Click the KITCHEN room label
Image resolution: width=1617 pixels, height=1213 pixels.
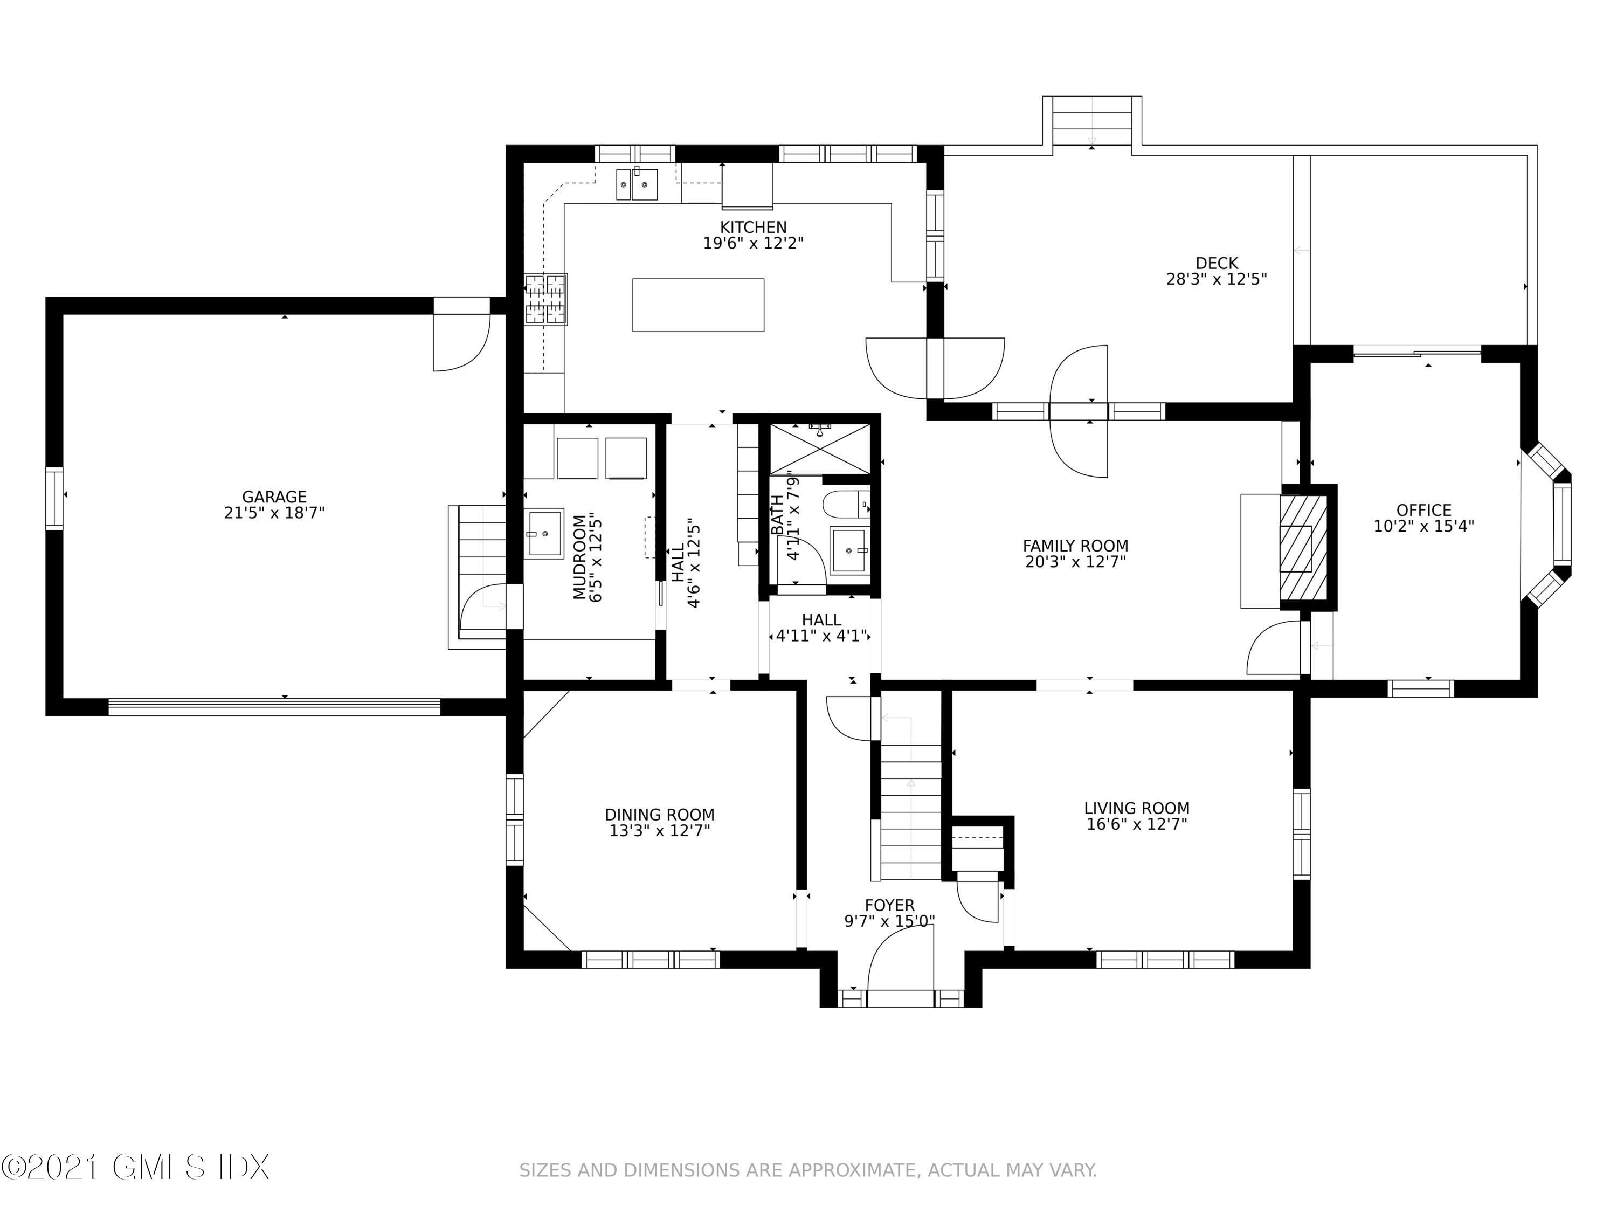[753, 228]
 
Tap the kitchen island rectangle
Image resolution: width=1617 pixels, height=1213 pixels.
[698, 305]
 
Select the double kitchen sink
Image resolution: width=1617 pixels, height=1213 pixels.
[635, 183]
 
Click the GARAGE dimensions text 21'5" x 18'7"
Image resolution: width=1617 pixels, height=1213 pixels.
[274, 513]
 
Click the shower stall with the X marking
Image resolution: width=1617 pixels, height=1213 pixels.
[819, 447]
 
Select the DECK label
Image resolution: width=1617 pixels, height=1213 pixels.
[1217, 263]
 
